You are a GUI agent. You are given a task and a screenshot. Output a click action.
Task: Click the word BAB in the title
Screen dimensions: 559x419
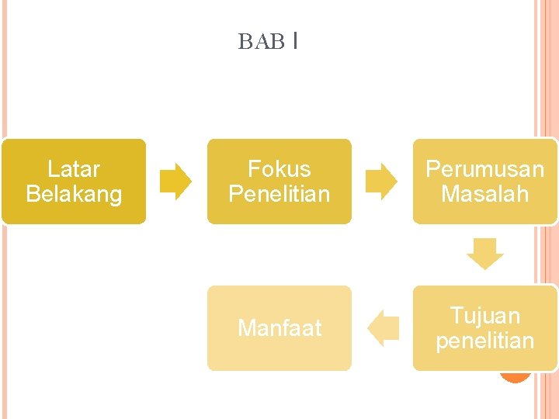[x=261, y=42]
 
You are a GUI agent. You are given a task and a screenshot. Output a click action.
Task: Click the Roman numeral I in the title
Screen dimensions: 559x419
[x=296, y=40]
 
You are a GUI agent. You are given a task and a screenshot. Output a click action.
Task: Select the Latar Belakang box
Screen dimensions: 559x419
[x=74, y=182]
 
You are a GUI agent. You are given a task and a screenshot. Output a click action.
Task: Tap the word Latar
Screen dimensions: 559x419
[x=74, y=169]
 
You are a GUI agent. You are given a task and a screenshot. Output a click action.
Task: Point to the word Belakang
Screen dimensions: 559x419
[x=74, y=194]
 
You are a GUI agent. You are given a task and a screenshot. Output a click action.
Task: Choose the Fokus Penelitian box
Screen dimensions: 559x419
[x=279, y=182]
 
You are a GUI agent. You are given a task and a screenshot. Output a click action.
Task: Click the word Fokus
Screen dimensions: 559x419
[x=279, y=169]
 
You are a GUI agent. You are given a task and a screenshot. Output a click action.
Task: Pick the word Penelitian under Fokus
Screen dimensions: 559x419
[x=279, y=194]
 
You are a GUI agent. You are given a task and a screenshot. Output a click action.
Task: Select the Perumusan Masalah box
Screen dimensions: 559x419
[x=484, y=182]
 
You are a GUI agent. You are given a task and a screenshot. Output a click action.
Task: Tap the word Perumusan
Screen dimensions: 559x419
[x=484, y=169]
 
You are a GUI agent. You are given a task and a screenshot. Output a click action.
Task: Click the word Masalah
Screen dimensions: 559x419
[x=484, y=194]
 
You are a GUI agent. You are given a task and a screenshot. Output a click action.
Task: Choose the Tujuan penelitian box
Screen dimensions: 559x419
[x=484, y=327]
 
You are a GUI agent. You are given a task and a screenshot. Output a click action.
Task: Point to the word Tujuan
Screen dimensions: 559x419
[x=484, y=316]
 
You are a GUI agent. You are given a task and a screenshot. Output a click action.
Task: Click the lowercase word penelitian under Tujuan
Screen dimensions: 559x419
[x=484, y=341]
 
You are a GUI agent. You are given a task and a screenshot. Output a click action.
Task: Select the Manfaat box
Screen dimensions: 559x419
[x=279, y=328]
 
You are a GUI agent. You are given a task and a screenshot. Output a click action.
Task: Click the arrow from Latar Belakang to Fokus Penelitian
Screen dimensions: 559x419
[x=175, y=182]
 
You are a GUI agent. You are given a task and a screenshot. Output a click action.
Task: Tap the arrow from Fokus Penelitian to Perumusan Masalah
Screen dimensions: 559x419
[x=381, y=182]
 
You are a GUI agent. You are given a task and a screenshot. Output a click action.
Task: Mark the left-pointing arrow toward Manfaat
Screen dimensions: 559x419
[x=382, y=327]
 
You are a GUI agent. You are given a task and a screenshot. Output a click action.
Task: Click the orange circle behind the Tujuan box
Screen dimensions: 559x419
[x=515, y=376]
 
